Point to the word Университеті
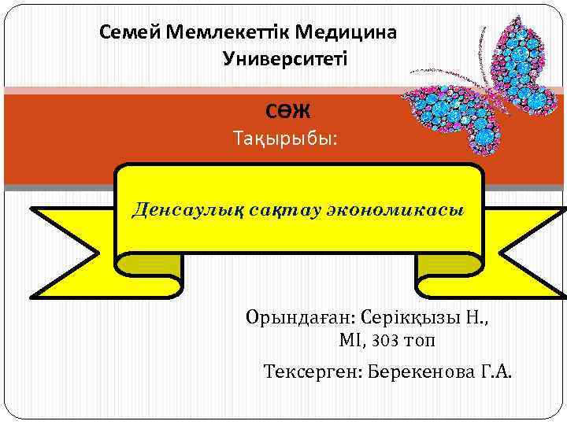(x=285, y=59)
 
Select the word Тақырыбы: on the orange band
(x=285, y=140)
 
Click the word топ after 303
(x=418, y=342)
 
